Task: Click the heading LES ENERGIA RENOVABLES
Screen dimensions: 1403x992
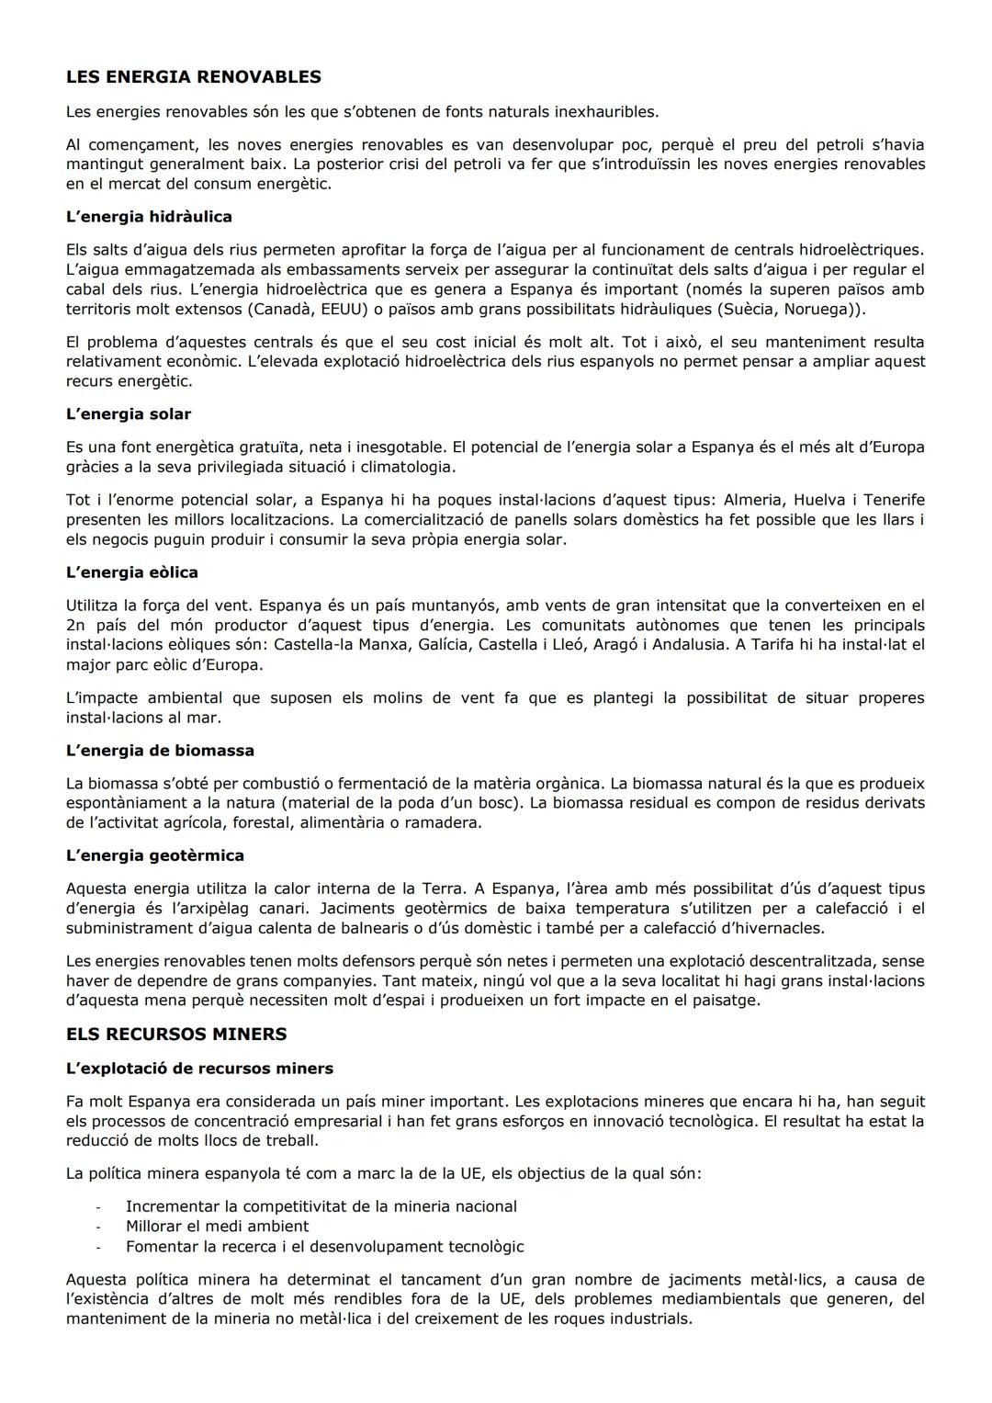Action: tap(193, 77)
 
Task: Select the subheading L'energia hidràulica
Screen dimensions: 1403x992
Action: tap(149, 217)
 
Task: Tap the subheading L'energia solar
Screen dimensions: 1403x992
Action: tap(129, 414)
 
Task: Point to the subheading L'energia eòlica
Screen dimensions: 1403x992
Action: tap(132, 572)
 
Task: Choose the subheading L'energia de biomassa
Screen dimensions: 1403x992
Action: tap(160, 751)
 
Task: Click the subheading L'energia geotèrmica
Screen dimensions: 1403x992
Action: tap(155, 855)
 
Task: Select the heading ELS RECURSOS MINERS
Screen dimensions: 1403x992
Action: tap(176, 1035)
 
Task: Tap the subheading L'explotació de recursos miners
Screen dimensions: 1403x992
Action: tap(199, 1069)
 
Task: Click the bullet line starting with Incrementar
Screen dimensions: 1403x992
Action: tap(321, 1206)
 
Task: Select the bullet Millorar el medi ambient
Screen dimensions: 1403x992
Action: tap(217, 1227)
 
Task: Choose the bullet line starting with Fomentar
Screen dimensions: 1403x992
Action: tap(324, 1247)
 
